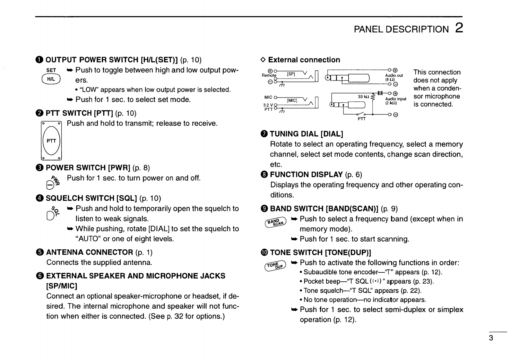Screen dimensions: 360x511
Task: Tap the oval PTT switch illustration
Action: (x=51, y=141)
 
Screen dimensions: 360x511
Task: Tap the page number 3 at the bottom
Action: (x=491, y=338)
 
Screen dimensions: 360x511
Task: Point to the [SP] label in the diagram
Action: (x=291, y=74)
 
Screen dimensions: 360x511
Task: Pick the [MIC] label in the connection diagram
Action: (x=292, y=100)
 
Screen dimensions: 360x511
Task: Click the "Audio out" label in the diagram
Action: (x=394, y=75)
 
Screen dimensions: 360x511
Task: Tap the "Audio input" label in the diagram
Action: (x=395, y=99)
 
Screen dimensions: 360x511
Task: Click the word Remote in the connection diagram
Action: (x=269, y=75)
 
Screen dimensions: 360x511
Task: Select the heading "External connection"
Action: (x=304, y=60)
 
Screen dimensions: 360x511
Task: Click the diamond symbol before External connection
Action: (x=263, y=60)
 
